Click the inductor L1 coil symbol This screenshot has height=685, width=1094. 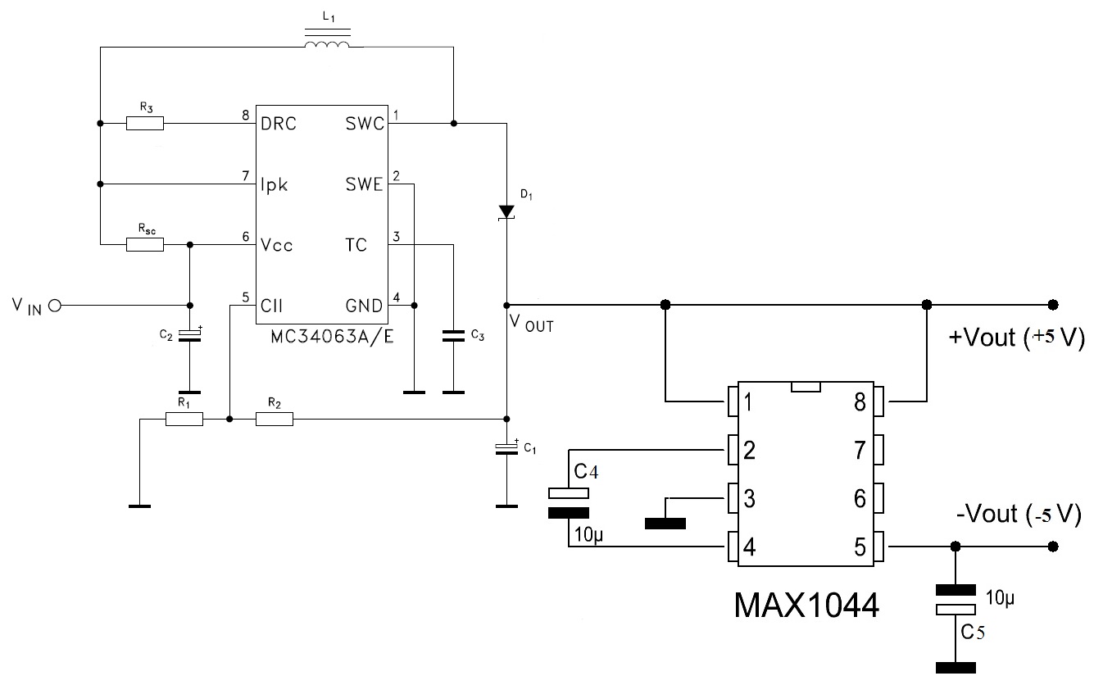(x=327, y=39)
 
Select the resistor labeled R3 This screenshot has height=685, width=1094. (x=145, y=124)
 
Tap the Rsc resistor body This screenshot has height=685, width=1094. (x=145, y=245)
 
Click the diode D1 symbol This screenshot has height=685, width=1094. (x=506, y=212)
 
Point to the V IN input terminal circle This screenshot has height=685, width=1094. (x=56, y=306)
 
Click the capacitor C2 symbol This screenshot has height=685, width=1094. (x=190, y=335)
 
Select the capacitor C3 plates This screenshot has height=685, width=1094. (x=453, y=335)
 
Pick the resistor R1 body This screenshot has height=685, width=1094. (x=184, y=419)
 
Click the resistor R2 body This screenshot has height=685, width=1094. (x=275, y=419)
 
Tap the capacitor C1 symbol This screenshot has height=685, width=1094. (x=506, y=449)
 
